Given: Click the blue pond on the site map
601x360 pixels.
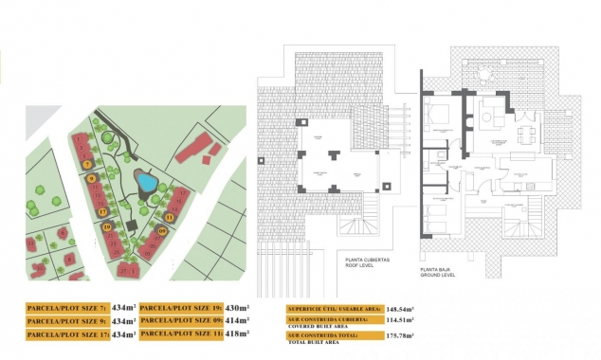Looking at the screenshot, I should [x=145, y=180].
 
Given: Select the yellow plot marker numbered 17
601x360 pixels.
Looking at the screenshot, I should [x=102, y=211].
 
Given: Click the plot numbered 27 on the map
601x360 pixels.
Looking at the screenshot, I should [x=123, y=270].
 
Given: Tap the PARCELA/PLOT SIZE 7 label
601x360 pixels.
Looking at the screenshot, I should [x=67, y=308].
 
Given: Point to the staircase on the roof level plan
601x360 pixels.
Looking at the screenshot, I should [x=363, y=227].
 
